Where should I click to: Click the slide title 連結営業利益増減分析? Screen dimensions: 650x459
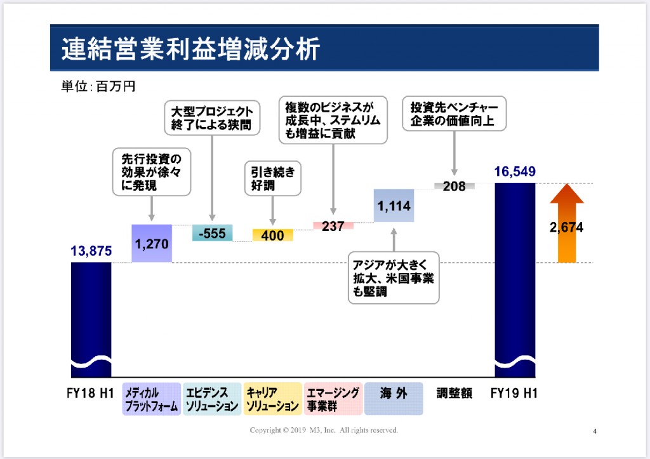[x=190, y=48]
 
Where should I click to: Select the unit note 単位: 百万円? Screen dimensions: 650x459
[x=98, y=86]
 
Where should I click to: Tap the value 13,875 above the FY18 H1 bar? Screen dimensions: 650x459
[x=91, y=251]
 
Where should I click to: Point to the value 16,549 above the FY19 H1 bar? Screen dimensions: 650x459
[x=515, y=171]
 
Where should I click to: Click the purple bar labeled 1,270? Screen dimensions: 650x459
[x=152, y=243]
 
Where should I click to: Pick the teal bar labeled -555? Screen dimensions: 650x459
[x=212, y=232]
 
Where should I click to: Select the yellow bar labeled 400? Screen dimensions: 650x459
[x=273, y=235]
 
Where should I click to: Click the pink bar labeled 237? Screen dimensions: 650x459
[x=333, y=225]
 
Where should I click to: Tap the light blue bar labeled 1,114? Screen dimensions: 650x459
[x=394, y=206]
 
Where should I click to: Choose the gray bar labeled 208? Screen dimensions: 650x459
[x=454, y=186]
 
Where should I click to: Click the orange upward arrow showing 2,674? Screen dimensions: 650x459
[x=567, y=223]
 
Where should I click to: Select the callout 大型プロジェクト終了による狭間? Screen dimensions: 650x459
[x=212, y=117]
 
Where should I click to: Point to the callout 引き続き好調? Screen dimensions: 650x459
[x=273, y=178]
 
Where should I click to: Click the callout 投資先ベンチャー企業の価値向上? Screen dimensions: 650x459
[x=454, y=114]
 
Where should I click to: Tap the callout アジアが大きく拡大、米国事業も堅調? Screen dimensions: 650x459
[x=394, y=278]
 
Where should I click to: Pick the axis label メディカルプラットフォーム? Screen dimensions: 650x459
[x=152, y=399]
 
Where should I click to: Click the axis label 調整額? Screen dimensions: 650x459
[x=454, y=393]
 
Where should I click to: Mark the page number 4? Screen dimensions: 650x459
[x=595, y=431]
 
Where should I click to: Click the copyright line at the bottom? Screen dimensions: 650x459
[x=324, y=430]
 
